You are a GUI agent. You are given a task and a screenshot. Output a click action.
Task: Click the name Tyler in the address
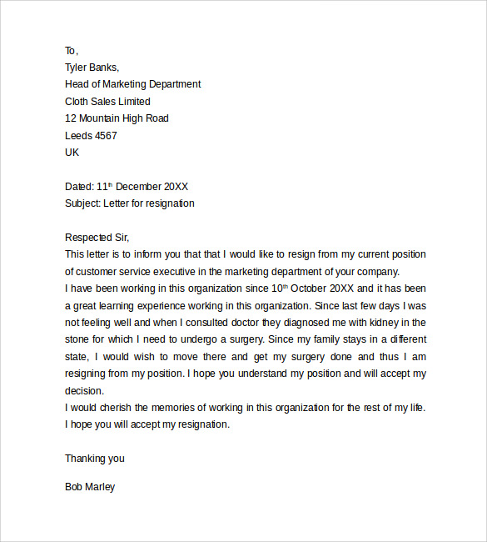pyautogui.click(x=77, y=68)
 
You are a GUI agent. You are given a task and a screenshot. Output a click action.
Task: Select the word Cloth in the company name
pyautogui.click(x=78, y=102)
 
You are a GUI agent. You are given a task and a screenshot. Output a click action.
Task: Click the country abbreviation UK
pyautogui.click(x=72, y=153)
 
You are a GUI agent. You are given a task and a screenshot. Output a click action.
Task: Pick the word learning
pyautogui.click(x=117, y=305)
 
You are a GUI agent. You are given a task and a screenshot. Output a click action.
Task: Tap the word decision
pyautogui.click(x=84, y=390)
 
